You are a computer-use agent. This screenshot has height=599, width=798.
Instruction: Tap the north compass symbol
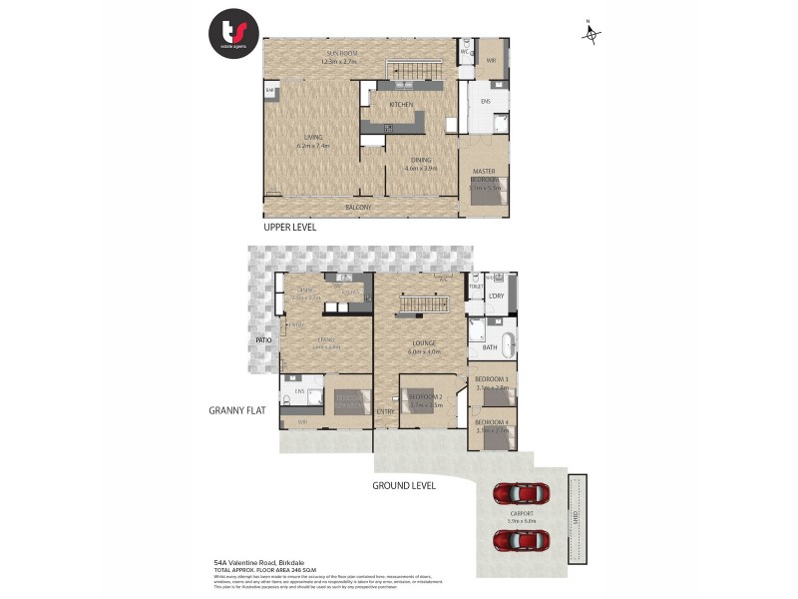[x=592, y=34]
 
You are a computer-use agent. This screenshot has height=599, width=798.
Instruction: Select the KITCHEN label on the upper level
[x=401, y=104]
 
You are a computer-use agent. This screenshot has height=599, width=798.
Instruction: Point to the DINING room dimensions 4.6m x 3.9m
[x=421, y=169]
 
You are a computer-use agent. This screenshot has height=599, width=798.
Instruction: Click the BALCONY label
[x=358, y=208]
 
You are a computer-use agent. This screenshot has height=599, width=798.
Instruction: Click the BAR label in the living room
[x=270, y=92]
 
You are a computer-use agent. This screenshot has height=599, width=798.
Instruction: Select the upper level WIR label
[x=491, y=61]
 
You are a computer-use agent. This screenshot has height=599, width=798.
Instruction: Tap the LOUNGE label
[x=421, y=343]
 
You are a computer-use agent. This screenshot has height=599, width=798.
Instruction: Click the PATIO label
[x=262, y=340]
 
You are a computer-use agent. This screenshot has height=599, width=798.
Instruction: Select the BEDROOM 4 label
[x=492, y=423]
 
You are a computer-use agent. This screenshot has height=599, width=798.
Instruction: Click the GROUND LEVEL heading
[x=404, y=486]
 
